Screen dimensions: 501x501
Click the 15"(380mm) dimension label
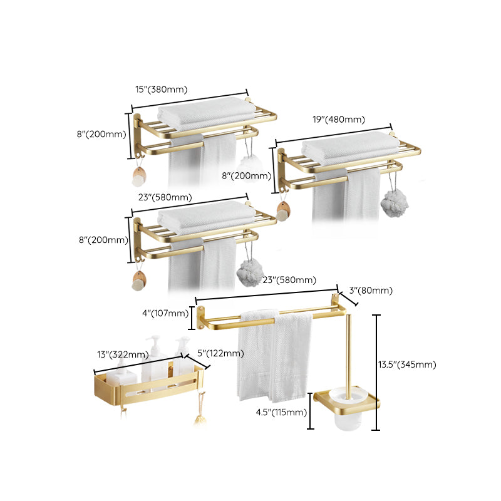162,90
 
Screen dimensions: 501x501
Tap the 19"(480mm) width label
338,120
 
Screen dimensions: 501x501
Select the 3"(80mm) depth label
371,290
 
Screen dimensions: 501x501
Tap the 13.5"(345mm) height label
410,364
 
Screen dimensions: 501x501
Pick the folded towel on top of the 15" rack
207,116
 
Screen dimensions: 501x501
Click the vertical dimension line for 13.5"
376,373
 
